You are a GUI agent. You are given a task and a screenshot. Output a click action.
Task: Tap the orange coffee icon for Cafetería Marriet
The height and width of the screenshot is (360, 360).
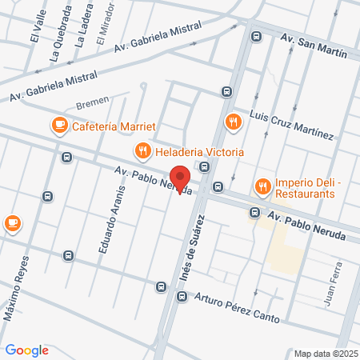59,125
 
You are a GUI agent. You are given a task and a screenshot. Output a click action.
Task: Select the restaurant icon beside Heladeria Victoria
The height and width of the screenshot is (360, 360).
142,150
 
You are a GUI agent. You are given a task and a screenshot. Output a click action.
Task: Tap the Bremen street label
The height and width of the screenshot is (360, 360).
92,103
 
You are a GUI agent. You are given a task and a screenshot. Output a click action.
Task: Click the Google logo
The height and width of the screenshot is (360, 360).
27,350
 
